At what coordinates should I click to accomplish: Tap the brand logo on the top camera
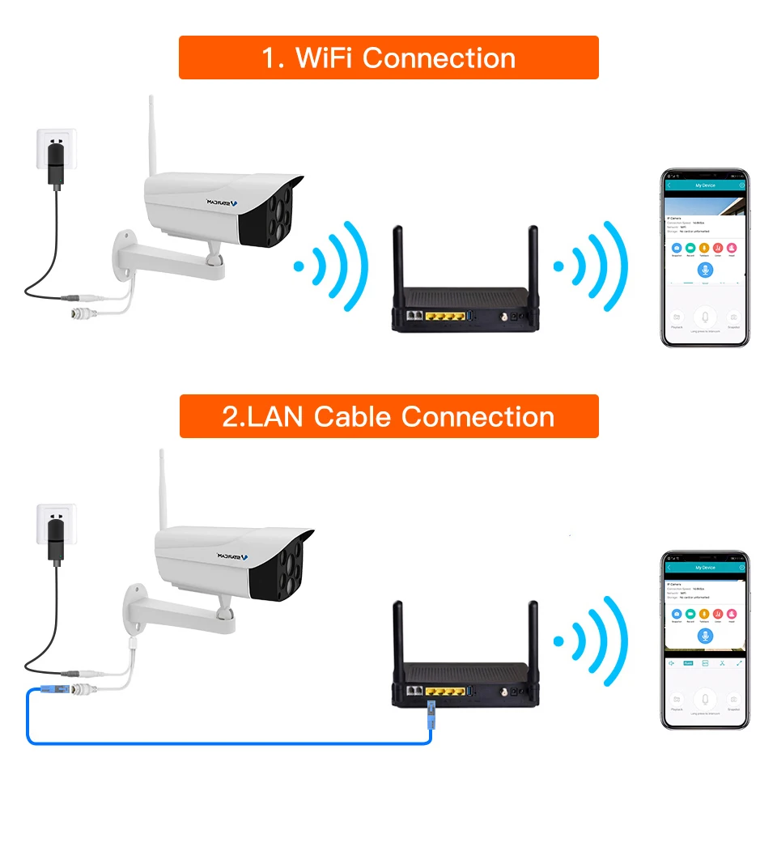[220, 202]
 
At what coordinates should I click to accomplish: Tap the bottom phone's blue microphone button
[705, 636]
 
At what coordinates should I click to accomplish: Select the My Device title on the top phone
[705, 185]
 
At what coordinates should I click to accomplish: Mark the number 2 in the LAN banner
[231, 417]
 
